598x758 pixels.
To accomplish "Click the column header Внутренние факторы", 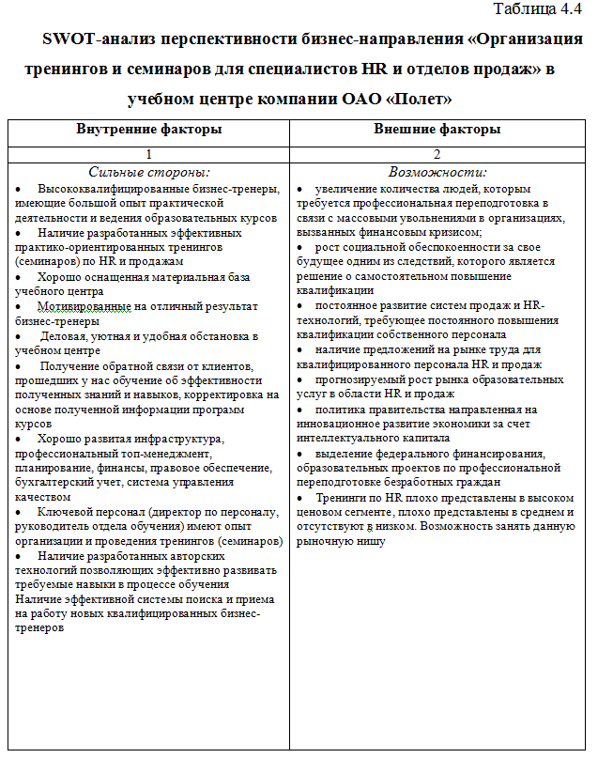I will click(149, 130).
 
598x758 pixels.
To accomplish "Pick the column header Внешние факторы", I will click(437, 130).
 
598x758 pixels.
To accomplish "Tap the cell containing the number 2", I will click(437, 154).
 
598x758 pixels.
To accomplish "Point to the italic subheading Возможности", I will click(437, 172).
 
